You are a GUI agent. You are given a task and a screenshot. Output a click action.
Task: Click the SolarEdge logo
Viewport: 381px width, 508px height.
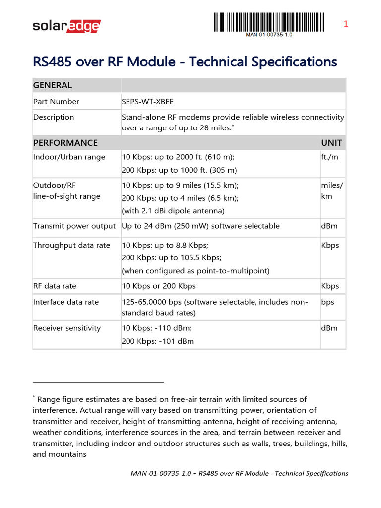[66, 25]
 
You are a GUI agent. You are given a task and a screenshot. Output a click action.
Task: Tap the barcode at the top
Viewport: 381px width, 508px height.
[269, 22]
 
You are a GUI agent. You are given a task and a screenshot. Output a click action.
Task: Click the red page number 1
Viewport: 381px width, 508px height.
[346, 24]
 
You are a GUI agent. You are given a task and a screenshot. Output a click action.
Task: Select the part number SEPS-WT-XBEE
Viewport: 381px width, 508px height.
[148, 102]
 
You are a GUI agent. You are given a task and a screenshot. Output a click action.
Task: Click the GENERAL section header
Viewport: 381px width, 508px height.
[53, 85]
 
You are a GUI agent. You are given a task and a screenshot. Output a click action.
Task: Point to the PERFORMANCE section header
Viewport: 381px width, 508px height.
[65, 143]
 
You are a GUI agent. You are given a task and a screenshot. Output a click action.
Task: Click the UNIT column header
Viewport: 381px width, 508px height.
[331, 143]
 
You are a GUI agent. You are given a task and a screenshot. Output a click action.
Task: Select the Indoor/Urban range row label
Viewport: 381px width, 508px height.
[69, 157]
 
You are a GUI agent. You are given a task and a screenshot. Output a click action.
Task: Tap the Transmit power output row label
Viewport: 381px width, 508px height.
[74, 226]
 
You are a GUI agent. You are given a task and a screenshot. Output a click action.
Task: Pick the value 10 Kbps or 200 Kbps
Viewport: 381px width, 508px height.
[159, 286]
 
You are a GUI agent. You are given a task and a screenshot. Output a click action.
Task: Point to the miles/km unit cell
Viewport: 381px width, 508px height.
[332, 190]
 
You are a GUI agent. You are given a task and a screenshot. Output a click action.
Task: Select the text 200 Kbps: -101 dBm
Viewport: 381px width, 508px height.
[158, 341]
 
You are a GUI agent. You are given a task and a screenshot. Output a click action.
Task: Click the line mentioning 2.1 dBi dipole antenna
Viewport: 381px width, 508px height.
[173, 211]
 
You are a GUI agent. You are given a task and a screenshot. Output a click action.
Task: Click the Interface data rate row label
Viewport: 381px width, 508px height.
[66, 302]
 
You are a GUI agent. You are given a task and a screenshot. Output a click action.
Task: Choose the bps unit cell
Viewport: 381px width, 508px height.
[328, 302]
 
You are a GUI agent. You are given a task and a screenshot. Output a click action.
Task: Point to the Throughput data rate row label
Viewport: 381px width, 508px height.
[71, 246]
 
